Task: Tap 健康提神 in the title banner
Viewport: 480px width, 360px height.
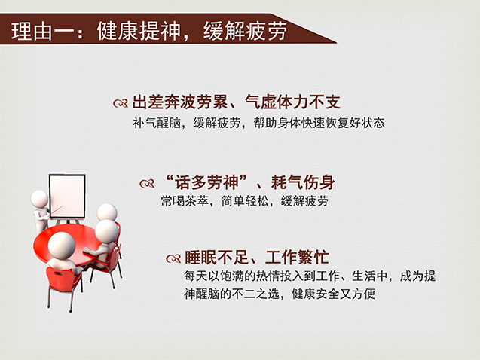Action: point(139,31)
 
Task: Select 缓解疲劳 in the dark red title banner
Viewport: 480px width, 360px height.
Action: point(245,31)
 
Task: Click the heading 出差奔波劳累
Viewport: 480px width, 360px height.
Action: point(179,102)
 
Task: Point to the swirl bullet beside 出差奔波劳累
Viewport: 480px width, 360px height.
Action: point(121,103)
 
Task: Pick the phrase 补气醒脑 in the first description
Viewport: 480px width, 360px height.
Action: point(157,123)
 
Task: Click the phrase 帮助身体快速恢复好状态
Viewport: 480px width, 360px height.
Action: point(319,123)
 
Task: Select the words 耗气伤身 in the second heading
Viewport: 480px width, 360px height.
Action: point(303,182)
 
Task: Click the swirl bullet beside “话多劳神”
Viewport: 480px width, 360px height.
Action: point(147,184)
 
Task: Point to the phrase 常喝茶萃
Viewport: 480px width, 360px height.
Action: point(185,201)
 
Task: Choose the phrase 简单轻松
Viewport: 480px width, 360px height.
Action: point(245,201)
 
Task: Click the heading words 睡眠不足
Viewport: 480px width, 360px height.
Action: point(216,258)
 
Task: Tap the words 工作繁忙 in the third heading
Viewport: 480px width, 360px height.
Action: point(297,258)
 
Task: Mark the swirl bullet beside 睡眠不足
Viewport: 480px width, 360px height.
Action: point(173,259)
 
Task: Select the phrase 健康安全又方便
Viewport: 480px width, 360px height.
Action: point(334,294)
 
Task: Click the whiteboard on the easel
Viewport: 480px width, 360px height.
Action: point(67,196)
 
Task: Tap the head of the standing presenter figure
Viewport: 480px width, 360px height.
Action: point(39,199)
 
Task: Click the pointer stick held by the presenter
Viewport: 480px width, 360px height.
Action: point(57,211)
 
